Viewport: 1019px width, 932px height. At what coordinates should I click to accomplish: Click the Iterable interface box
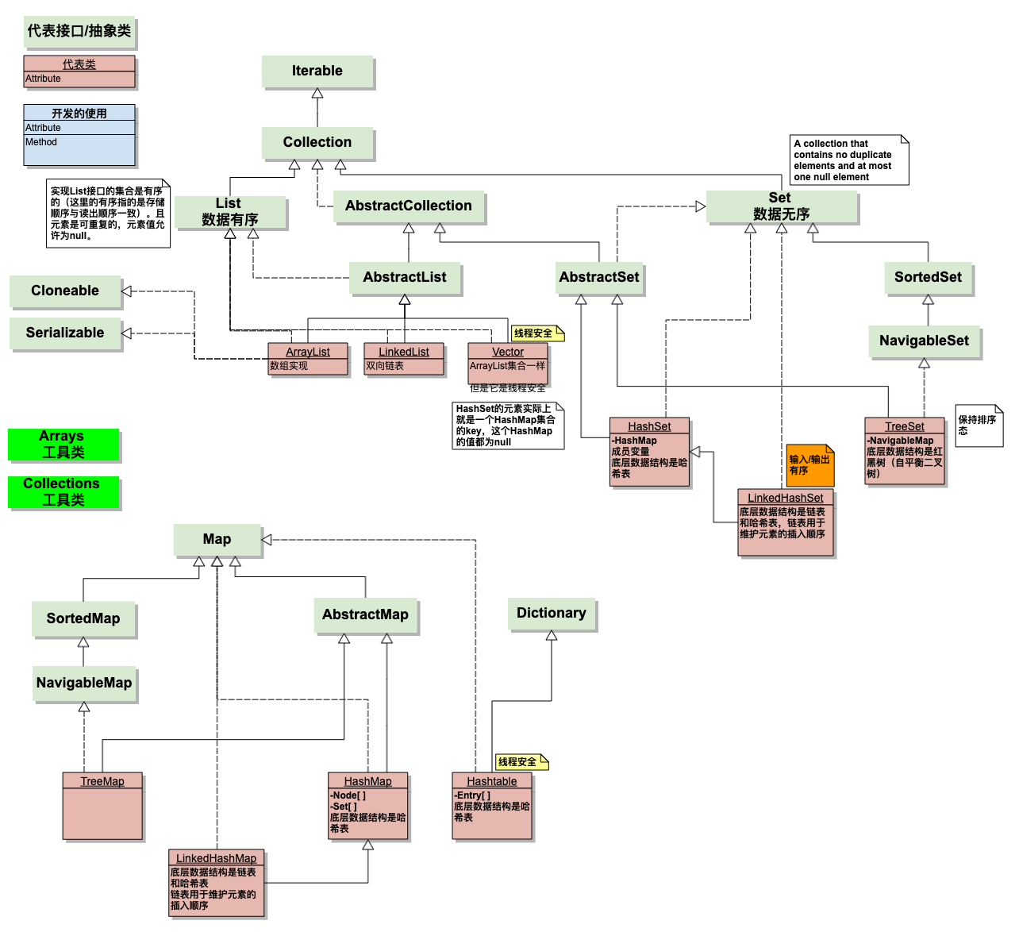click(317, 71)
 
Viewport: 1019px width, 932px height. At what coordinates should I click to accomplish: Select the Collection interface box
click(317, 143)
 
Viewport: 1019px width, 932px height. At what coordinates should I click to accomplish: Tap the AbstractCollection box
click(409, 206)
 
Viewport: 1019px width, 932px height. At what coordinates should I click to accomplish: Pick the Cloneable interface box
click(65, 291)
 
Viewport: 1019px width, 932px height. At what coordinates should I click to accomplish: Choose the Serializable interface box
click(65, 333)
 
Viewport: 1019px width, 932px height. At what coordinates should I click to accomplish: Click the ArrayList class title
click(308, 352)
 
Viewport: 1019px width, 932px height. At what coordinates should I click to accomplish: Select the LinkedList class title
click(403, 352)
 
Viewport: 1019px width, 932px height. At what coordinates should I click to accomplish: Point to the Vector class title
click(508, 352)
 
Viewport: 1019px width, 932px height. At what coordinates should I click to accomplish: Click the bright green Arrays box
click(63, 445)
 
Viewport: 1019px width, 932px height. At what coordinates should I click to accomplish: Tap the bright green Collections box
click(63, 492)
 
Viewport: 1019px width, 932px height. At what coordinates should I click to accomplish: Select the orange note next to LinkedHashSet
click(810, 465)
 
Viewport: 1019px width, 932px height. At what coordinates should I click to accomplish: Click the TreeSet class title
click(905, 426)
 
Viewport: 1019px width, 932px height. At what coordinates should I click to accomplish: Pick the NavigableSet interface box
click(924, 341)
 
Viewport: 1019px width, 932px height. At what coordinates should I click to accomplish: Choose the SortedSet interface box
click(928, 278)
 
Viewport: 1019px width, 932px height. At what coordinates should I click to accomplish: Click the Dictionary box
click(552, 614)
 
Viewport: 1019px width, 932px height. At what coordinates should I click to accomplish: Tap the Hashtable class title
click(492, 781)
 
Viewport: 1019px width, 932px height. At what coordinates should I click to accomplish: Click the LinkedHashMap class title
click(216, 858)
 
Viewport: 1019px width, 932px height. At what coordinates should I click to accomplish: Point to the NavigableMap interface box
click(84, 684)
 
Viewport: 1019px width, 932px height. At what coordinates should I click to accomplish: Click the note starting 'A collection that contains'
click(848, 160)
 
